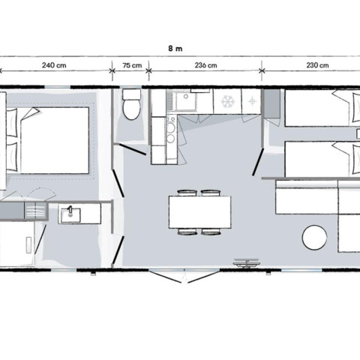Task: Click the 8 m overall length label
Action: click(x=175, y=48)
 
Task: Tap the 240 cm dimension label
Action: click(x=54, y=65)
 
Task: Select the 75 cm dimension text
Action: click(x=132, y=65)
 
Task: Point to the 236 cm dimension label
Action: click(x=205, y=65)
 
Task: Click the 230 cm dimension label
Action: click(x=317, y=65)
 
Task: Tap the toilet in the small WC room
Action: click(x=131, y=104)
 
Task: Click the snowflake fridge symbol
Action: click(x=228, y=101)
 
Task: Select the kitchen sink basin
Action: click(x=185, y=100)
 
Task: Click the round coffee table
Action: click(x=314, y=238)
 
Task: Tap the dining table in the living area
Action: click(x=199, y=212)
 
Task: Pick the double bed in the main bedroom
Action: click(x=47, y=140)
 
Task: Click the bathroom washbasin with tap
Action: click(x=71, y=214)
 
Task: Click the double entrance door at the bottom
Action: click(x=184, y=276)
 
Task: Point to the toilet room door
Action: click(x=132, y=149)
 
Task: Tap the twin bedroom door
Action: click(x=258, y=162)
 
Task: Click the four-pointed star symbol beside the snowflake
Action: click(x=251, y=101)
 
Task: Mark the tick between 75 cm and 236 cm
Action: click(x=149, y=70)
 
